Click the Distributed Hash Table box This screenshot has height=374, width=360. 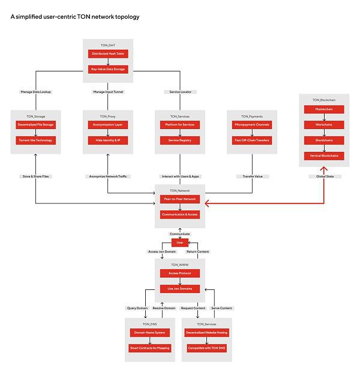[x=108, y=54]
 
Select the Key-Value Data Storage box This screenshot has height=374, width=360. [x=108, y=69]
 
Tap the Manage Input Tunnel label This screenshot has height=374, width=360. [x=108, y=92]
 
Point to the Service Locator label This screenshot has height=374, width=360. [x=180, y=92]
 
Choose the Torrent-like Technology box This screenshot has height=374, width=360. [x=35, y=140]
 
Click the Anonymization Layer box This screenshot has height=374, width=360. [x=108, y=125]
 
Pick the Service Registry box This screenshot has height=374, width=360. [x=180, y=140]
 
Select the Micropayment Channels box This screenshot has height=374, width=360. [x=252, y=125]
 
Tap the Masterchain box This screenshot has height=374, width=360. [x=324, y=109]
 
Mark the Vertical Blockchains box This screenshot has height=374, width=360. [x=324, y=156]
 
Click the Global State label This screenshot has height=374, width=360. [x=324, y=176]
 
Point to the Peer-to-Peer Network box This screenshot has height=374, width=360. [x=180, y=199]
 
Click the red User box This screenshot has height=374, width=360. [x=180, y=243]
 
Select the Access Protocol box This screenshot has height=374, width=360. [x=180, y=273]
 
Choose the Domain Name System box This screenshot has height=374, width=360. [x=150, y=333]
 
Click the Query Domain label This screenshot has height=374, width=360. [x=137, y=308]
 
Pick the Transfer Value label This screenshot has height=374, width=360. [x=252, y=176]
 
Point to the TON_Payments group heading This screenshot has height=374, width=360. [x=252, y=116]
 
